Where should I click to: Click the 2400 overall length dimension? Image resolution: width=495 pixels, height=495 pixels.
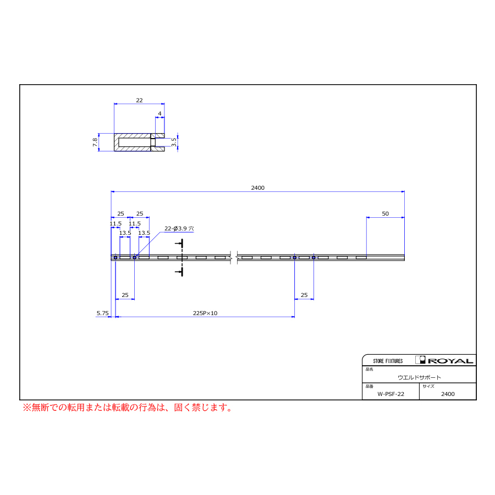point(257,188)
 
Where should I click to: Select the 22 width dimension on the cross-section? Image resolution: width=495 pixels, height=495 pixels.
point(139,101)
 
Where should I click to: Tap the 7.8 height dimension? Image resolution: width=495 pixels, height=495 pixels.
point(95,142)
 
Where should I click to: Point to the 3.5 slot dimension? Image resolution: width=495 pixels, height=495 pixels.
point(174,142)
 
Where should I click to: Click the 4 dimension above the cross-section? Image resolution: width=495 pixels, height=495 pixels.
point(159,114)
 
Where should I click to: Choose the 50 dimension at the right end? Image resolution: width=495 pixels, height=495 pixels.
point(385,214)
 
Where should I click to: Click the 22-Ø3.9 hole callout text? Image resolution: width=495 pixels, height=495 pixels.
point(179,228)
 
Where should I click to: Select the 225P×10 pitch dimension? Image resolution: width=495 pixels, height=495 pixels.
point(205,313)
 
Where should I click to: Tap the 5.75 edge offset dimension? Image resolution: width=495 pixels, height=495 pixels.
point(103,313)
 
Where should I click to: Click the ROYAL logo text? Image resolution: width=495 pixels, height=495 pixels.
point(450,361)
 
